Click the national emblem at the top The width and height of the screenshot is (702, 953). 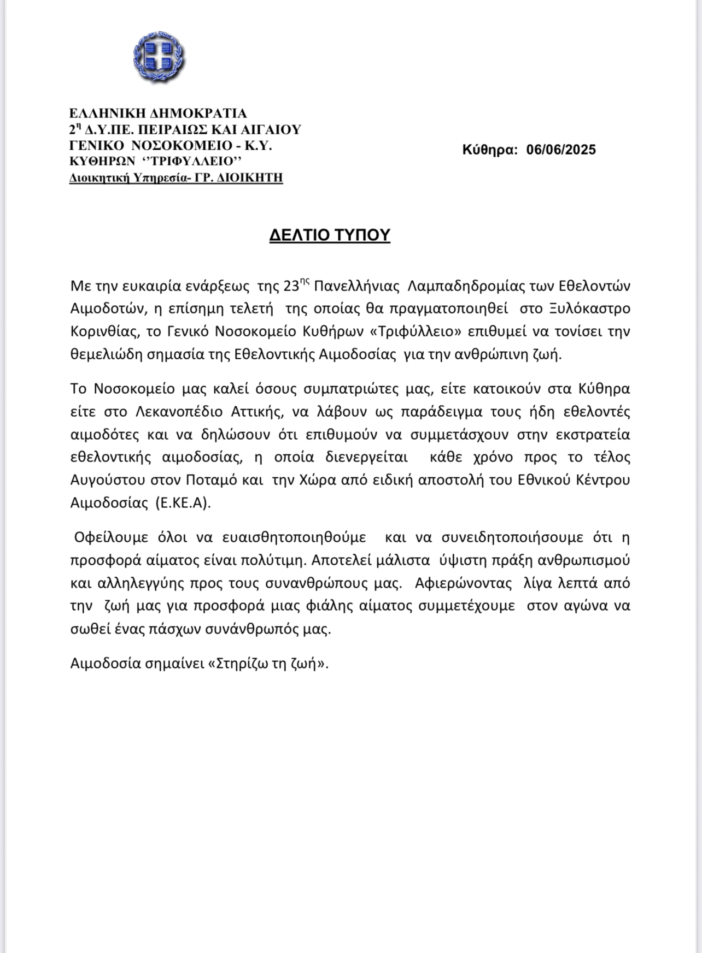[x=159, y=57]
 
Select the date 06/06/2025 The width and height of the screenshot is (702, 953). [x=561, y=150]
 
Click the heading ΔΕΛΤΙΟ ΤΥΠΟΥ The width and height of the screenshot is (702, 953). [x=330, y=235]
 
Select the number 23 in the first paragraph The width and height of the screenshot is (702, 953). [x=291, y=286]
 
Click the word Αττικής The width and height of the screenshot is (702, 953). [x=258, y=411]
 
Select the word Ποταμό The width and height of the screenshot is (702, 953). [x=209, y=480]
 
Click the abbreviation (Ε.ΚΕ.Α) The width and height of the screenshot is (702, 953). [x=183, y=503]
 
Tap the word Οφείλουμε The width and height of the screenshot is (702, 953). [x=111, y=537]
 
